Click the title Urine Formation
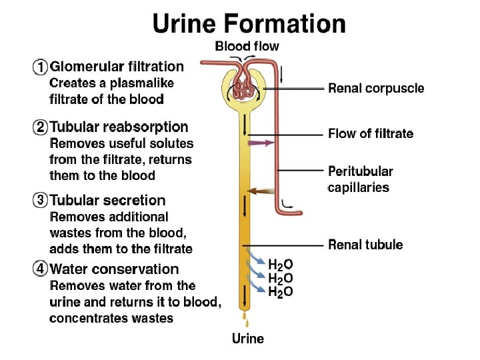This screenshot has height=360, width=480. (249, 25)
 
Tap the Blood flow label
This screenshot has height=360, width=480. (247, 47)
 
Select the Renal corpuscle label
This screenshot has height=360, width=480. (375, 89)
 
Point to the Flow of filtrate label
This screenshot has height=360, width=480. (371, 134)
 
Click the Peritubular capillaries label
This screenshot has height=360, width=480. (360, 179)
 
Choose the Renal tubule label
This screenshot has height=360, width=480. (365, 245)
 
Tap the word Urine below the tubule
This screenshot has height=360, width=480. (247, 339)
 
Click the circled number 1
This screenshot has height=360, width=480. (41, 67)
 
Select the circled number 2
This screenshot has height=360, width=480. (41, 127)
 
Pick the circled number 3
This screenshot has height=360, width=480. (41, 201)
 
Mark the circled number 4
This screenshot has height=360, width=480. (41, 270)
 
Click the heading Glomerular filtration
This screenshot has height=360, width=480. (117, 67)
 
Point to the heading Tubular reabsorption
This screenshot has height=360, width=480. (119, 127)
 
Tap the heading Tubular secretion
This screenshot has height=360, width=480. (108, 200)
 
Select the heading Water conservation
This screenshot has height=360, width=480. (115, 269)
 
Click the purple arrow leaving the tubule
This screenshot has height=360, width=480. (261, 143)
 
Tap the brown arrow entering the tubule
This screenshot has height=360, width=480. (261, 191)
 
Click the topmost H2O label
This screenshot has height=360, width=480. (280, 265)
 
